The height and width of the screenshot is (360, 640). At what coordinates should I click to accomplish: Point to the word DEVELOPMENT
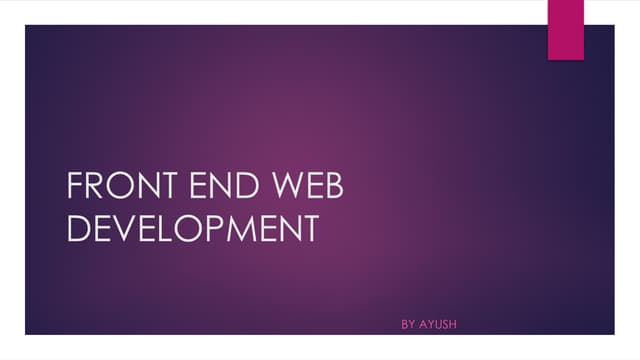[191, 228]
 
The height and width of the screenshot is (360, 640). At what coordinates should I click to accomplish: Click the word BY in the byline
[408, 325]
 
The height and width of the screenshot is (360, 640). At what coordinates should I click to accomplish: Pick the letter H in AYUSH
[455, 325]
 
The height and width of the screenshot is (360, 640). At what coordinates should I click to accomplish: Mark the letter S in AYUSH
[446, 325]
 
